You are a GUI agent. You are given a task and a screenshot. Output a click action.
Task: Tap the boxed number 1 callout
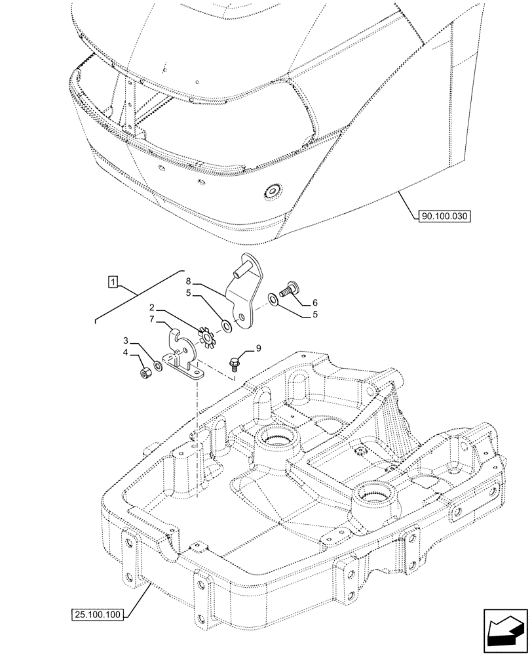coord(113,283)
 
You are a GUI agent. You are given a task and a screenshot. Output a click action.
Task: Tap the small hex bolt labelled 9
coord(234,362)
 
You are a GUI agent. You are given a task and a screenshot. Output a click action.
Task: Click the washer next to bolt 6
coord(272,301)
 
